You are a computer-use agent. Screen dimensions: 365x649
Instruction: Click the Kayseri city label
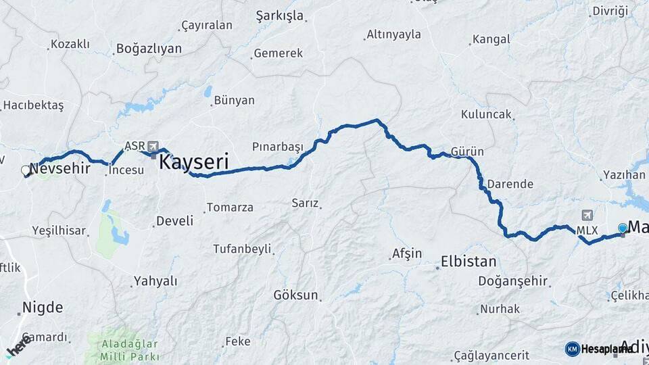click(x=193, y=162)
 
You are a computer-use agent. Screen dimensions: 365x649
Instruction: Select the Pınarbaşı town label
click(x=279, y=146)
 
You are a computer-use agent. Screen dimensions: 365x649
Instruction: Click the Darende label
click(x=510, y=184)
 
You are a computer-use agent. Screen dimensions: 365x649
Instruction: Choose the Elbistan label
click(x=468, y=262)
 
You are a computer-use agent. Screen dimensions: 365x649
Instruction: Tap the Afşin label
click(x=406, y=254)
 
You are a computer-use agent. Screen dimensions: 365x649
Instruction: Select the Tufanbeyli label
click(x=241, y=249)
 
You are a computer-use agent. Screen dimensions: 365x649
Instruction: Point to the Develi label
click(x=174, y=221)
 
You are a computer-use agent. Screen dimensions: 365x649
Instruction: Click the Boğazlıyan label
click(x=149, y=49)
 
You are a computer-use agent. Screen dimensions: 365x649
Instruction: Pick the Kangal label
click(x=491, y=39)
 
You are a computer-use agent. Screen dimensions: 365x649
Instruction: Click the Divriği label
click(x=610, y=10)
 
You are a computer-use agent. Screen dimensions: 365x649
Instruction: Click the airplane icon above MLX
click(x=586, y=216)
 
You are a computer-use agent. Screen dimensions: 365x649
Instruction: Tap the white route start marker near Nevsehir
click(x=26, y=170)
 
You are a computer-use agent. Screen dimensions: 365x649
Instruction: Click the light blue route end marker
click(x=623, y=228)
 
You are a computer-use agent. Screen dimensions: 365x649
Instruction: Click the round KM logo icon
click(x=573, y=349)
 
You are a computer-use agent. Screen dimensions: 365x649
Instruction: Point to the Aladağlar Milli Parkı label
click(x=122, y=349)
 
